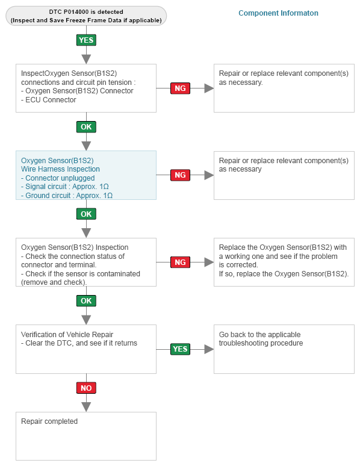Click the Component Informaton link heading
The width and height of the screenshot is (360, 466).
(x=278, y=13)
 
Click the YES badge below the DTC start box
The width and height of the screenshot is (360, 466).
(x=86, y=40)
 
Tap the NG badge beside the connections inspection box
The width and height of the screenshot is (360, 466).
(x=180, y=89)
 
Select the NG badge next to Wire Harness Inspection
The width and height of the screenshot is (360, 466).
(x=180, y=175)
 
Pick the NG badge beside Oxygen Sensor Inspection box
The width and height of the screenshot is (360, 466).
(x=180, y=262)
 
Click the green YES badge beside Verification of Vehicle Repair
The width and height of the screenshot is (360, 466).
(x=180, y=349)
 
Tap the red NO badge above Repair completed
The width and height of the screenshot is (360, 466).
(x=86, y=388)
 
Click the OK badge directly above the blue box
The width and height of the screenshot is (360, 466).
(x=86, y=127)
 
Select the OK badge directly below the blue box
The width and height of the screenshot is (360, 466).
(x=86, y=214)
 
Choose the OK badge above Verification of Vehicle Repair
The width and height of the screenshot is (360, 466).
(x=86, y=301)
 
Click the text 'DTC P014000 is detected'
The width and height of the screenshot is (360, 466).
(x=86, y=12)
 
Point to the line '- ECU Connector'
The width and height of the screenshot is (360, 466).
(x=49, y=100)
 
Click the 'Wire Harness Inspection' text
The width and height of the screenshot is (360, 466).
(x=60, y=169)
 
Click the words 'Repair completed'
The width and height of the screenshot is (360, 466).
(x=49, y=421)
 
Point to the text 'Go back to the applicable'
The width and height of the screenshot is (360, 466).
(x=260, y=335)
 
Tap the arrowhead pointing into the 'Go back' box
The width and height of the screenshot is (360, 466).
(x=209, y=349)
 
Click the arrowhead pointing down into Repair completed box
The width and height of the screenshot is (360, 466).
(x=86, y=407)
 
